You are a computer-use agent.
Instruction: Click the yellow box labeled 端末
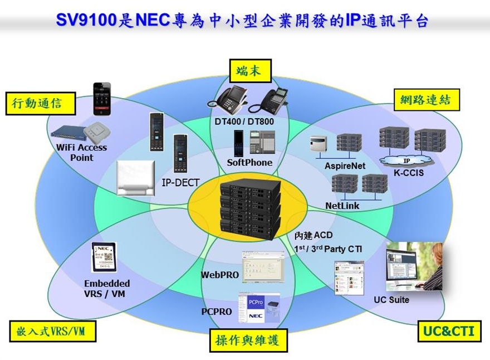(248, 71)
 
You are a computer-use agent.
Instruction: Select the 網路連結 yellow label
(425, 100)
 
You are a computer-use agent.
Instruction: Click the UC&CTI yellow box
(449, 332)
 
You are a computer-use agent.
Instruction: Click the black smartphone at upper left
(101, 98)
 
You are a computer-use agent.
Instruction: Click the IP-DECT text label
(180, 182)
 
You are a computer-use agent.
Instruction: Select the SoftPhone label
(249, 163)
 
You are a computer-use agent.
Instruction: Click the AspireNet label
(345, 166)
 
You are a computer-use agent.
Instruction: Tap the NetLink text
(342, 206)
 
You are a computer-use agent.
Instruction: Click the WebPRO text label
(219, 275)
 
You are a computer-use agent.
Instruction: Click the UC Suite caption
(391, 300)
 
